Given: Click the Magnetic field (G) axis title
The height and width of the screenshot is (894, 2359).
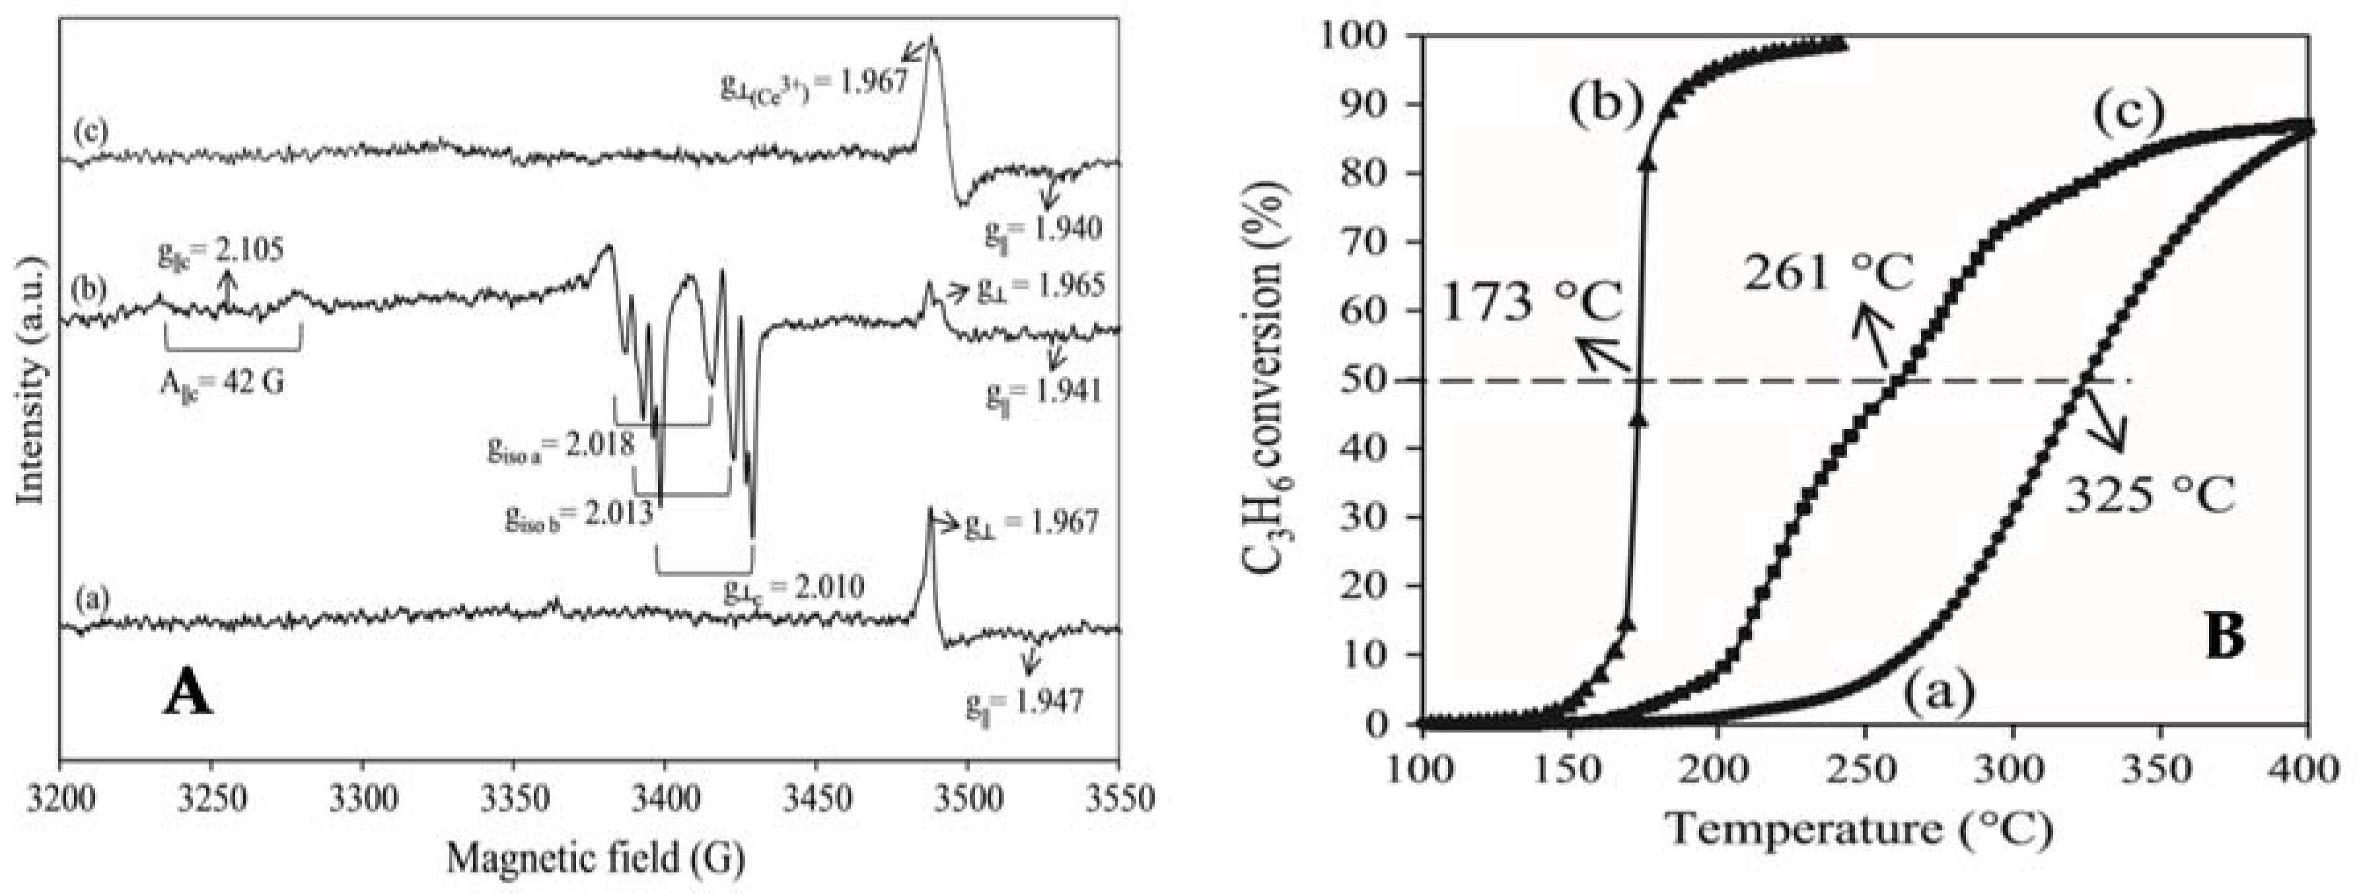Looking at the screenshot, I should click(x=595, y=858).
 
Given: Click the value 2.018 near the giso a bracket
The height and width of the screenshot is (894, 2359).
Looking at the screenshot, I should click(x=600, y=446).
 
